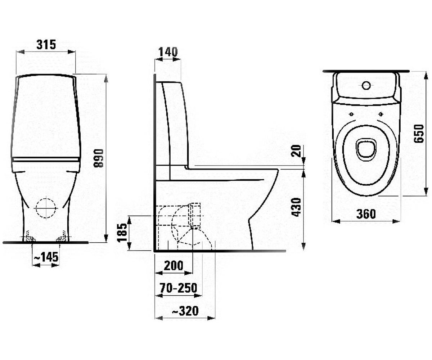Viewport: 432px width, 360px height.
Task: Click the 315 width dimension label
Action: click(46, 45)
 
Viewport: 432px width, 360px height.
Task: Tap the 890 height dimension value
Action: click(99, 158)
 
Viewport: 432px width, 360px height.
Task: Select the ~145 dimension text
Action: click(46, 257)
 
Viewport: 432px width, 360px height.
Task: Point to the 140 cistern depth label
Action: click(168, 52)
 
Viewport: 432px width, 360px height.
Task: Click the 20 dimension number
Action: click(296, 151)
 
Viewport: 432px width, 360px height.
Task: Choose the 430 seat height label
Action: click(296, 207)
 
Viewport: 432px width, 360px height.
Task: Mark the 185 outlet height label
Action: click(122, 233)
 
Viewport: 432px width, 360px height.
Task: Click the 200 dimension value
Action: click(174, 266)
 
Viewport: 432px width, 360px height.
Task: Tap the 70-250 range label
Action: click(178, 288)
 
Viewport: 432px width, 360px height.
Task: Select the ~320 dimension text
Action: click(185, 311)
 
